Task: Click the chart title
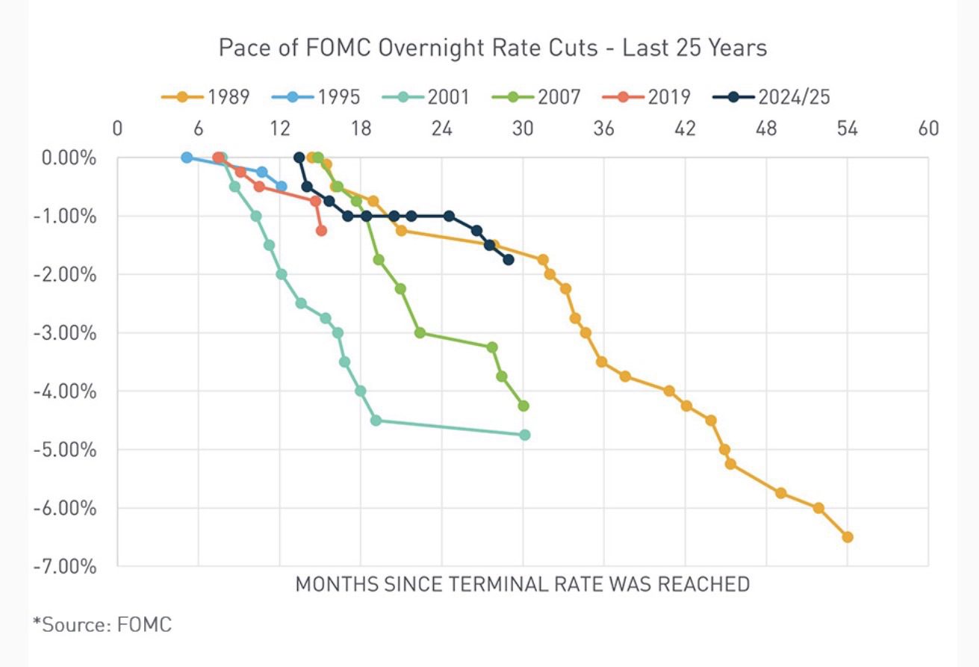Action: tap(492, 49)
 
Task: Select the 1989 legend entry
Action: tap(205, 97)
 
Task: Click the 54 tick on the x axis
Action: tap(847, 128)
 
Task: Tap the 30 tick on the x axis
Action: tap(523, 128)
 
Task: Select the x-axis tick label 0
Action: tap(117, 128)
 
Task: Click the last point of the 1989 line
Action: tap(847, 537)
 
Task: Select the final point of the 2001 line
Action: tap(524, 435)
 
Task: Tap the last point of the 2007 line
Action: tap(523, 406)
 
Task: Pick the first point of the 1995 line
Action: tap(187, 158)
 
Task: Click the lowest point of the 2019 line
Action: tap(321, 231)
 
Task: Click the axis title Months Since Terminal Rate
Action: tap(522, 584)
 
